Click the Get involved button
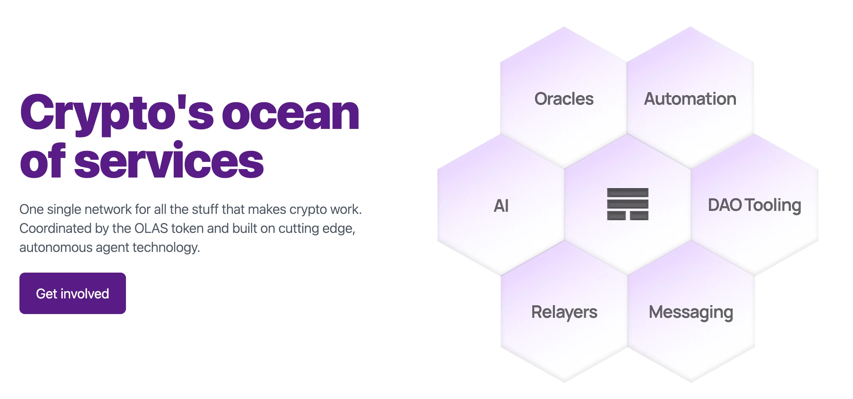pyautogui.click(x=73, y=293)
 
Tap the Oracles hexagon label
pyautogui.click(x=564, y=99)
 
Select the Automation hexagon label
pyautogui.click(x=690, y=99)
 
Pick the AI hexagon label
pyautogui.click(x=501, y=206)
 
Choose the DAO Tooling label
pyautogui.click(x=755, y=206)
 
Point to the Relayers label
pyautogui.click(x=564, y=312)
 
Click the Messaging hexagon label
pyautogui.click(x=691, y=313)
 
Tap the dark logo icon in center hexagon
pyautogui.click(x=628, y=204)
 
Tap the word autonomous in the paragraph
pyautogui.click(x=56, y=247)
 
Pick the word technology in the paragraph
pyautogui.click(x=166, y=248)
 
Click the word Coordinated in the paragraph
pyautogui.click(x=56, y=228)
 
